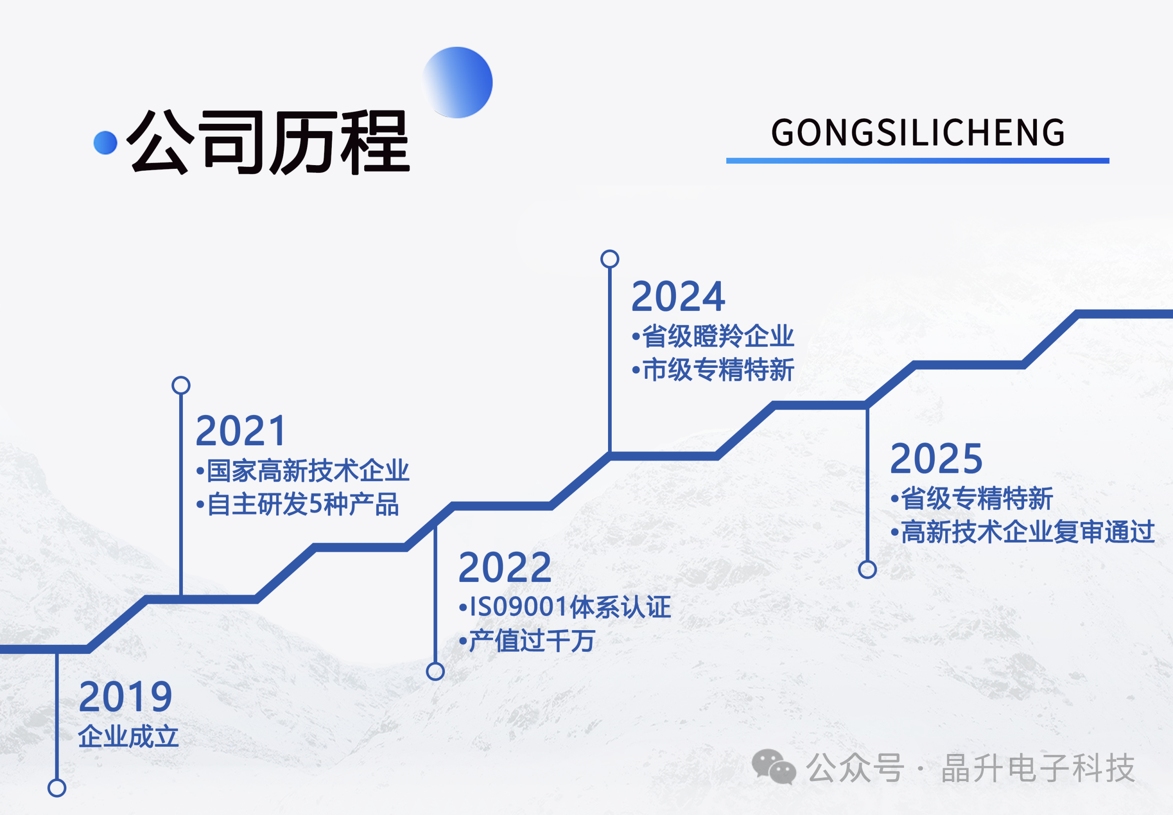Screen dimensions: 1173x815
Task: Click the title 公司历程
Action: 267,142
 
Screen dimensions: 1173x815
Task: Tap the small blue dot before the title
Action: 106,143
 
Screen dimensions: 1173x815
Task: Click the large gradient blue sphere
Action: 458,82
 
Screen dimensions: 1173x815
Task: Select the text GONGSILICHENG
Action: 918,133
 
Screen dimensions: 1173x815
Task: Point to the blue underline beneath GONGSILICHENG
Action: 917,161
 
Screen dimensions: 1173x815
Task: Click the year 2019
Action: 126,697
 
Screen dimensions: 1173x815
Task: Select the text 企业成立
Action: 128,737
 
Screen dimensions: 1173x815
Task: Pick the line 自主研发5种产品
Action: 297,505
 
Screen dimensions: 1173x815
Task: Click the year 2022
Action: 504,567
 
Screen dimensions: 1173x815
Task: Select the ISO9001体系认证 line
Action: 565,607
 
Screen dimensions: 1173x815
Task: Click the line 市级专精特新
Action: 713,370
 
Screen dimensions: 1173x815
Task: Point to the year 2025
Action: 936,459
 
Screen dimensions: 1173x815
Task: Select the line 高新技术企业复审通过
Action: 1023,532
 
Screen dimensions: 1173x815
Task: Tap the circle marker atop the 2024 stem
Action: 610,259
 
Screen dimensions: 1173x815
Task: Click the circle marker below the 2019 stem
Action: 57,788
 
